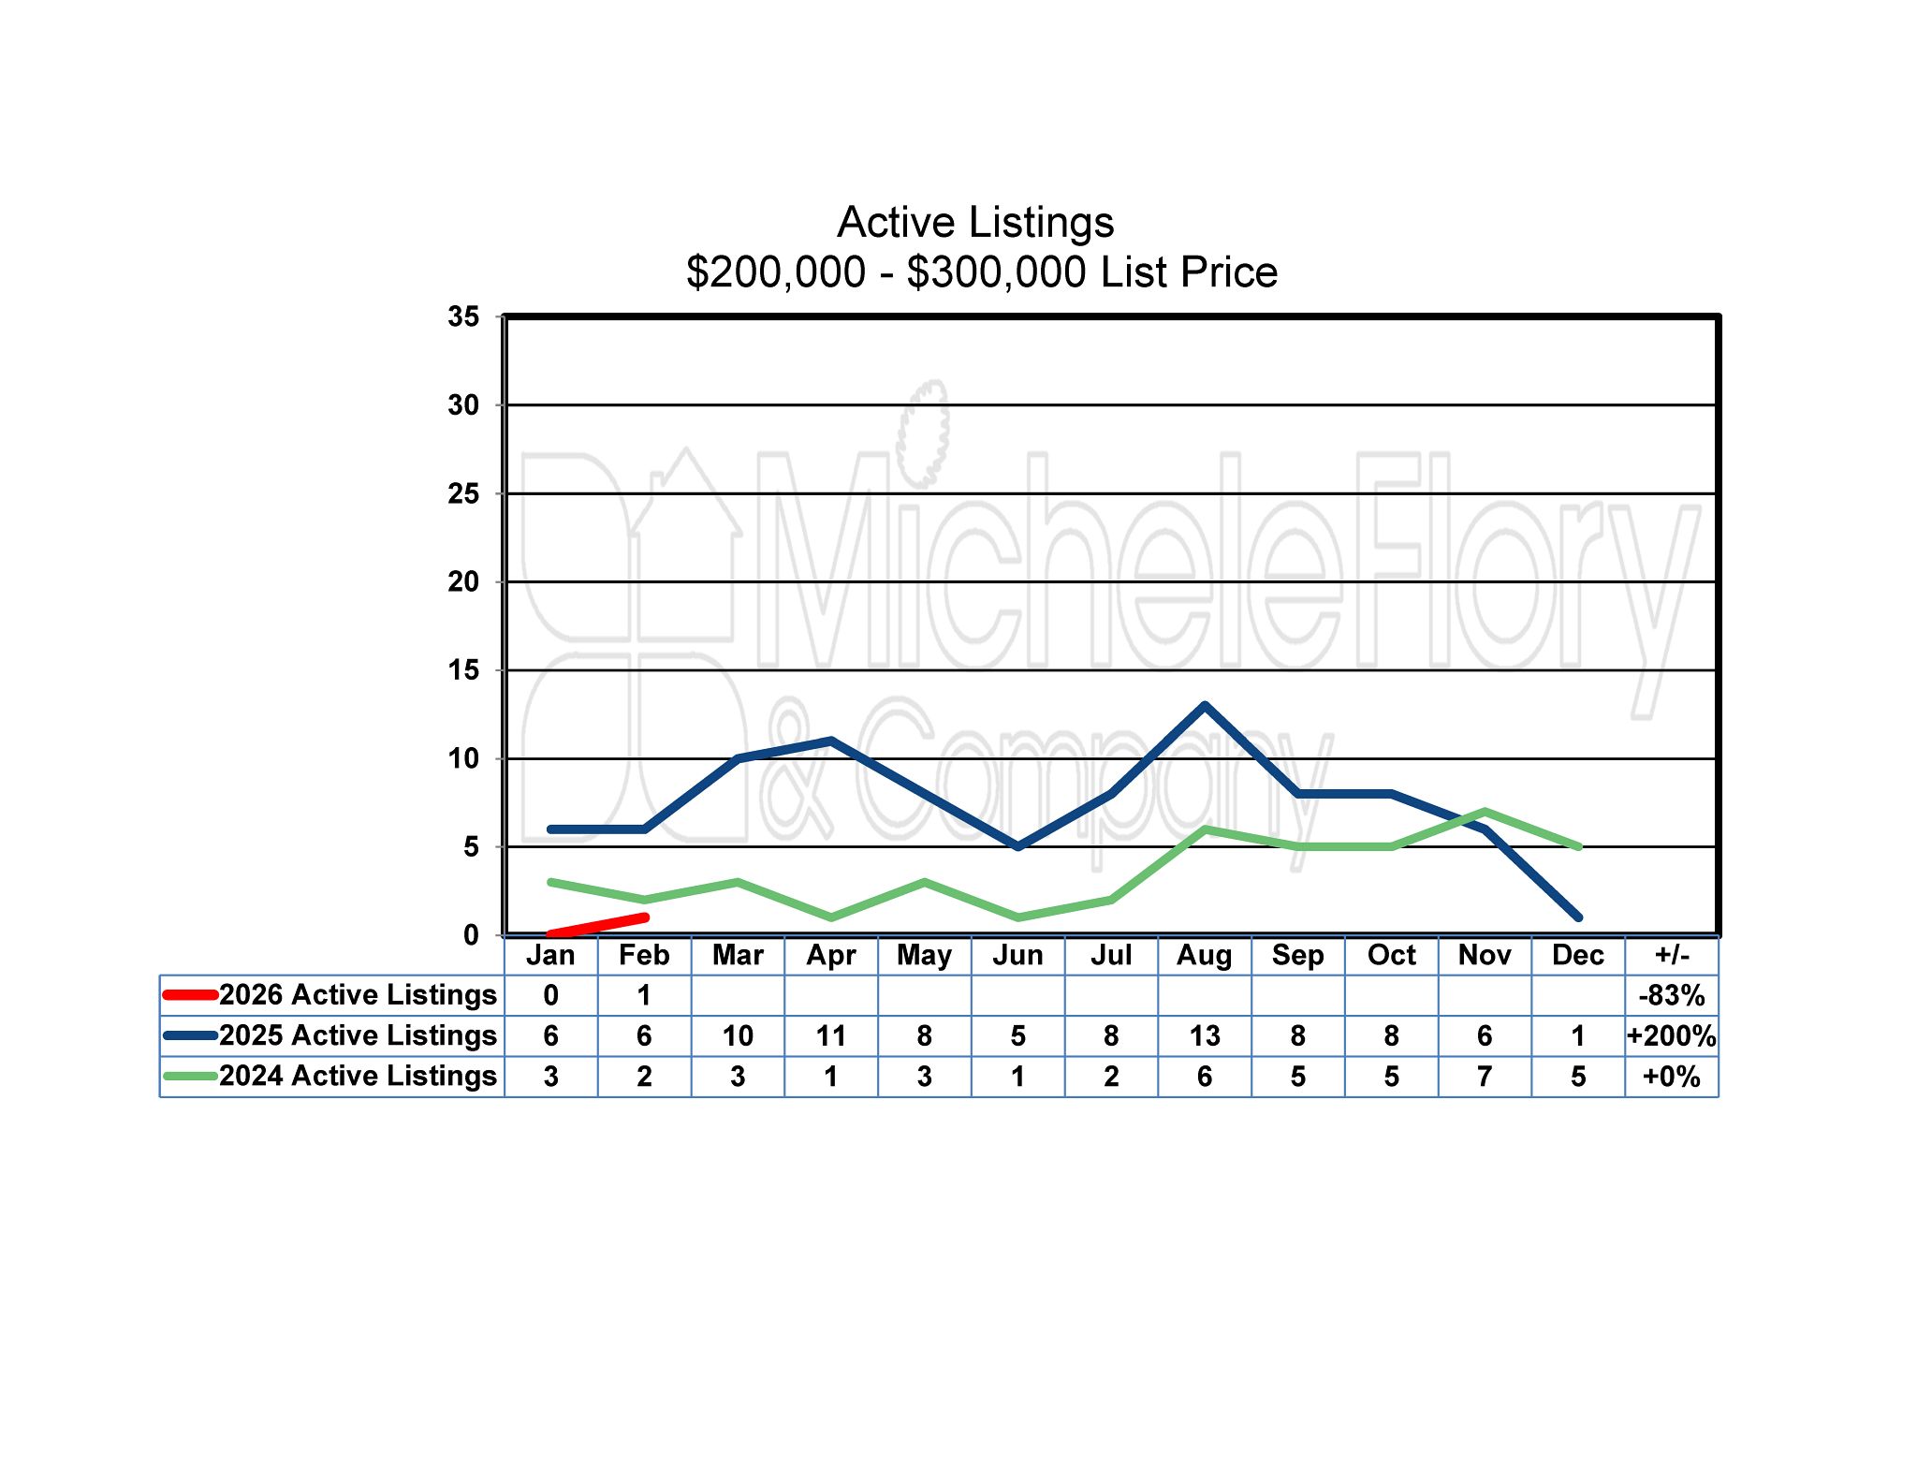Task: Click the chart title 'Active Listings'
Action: click(x=975, y=223)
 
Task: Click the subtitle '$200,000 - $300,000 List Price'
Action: click(x=981, y=272)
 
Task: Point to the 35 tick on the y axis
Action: click(x=463, y=317)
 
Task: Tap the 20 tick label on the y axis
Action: click(x=463, y=582)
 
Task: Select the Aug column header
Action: click(x=1204, y=955)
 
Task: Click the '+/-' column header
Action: click(x=1672, y=955)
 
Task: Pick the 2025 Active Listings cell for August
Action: click(x=1204, y=1035)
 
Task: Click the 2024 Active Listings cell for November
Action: click(x=1485, y=1077)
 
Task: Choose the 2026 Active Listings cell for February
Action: click(x=644, y=995)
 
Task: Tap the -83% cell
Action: click(x=1672, y=995)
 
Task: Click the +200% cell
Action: click(x=1672, y=1035)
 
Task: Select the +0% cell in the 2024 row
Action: click(x=1672, y=1077)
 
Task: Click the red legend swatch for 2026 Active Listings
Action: click(x=191, y=994)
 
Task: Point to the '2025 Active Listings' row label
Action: click(x=358, y=1035)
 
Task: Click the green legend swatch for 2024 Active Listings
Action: click(x=191, y=1077)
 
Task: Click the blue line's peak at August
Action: click(x=1205, y=706)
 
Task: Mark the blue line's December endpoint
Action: click(x=1578, y=917)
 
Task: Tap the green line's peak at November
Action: click(x=1485, y=812)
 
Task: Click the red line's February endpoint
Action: click(x=644, y=917)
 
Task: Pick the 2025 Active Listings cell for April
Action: click(x=831, y=1035)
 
